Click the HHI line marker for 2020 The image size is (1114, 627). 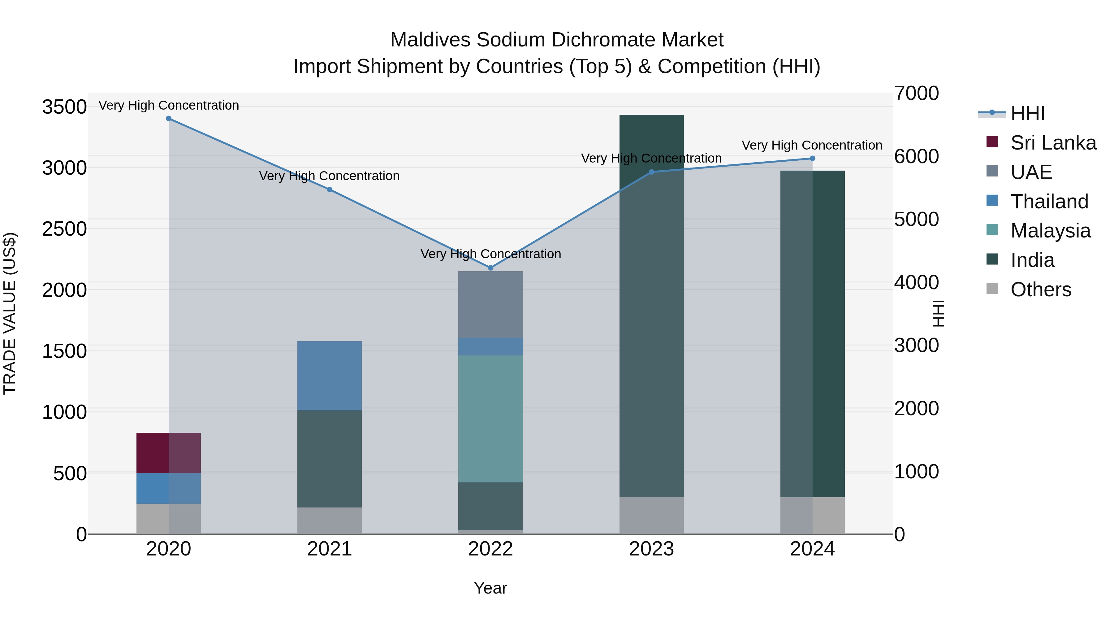pos(169,119)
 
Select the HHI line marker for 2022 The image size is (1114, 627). pos(490,268)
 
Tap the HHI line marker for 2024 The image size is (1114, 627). pos(812,158)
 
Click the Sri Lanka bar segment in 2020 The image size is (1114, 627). pos(169,453)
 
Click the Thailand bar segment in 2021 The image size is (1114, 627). pos(330,376)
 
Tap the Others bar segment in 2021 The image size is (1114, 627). pos(330,520)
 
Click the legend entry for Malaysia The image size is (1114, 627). pos(1050,231)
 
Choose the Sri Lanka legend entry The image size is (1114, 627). pos(1053,143)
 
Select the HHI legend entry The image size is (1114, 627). pos(1027,113)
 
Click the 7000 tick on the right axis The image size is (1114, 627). pos(916,94)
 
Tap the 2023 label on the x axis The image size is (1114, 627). pos(651,549)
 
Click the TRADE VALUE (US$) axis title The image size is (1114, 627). pos(10,313)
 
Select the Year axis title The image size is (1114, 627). pos(490,588)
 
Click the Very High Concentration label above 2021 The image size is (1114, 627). pos(330,176)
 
